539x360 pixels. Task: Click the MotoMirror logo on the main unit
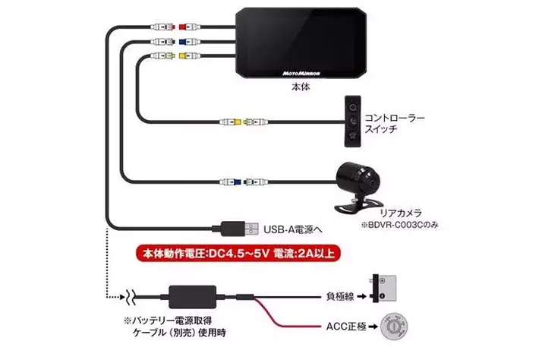pos(301,73)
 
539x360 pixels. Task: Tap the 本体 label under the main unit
pos(301,87)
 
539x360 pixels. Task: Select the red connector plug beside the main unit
pos(190,27)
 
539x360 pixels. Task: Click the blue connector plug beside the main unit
pos(190,42)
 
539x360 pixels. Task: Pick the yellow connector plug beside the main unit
pos(190,55)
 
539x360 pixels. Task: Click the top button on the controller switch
pos(353,107)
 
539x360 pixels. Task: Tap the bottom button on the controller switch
pos(353,135)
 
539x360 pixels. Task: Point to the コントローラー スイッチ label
pos(395,124)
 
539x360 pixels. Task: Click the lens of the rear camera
pos(372,182)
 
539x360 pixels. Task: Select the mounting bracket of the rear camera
pos(354,205)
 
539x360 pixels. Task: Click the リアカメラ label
pos(401,213)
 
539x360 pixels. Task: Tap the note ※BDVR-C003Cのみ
pos(399,225)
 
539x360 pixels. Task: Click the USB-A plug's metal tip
pos(251,229)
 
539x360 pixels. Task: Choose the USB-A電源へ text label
pos(293,229)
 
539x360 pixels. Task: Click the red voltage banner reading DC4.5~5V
pos(238,254)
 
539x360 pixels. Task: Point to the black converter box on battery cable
pos(193,297)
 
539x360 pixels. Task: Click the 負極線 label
pos(340,296)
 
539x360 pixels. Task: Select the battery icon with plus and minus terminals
pos(384,289)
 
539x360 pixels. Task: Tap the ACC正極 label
pos(346,327)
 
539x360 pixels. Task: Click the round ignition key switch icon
pos(394,327)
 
